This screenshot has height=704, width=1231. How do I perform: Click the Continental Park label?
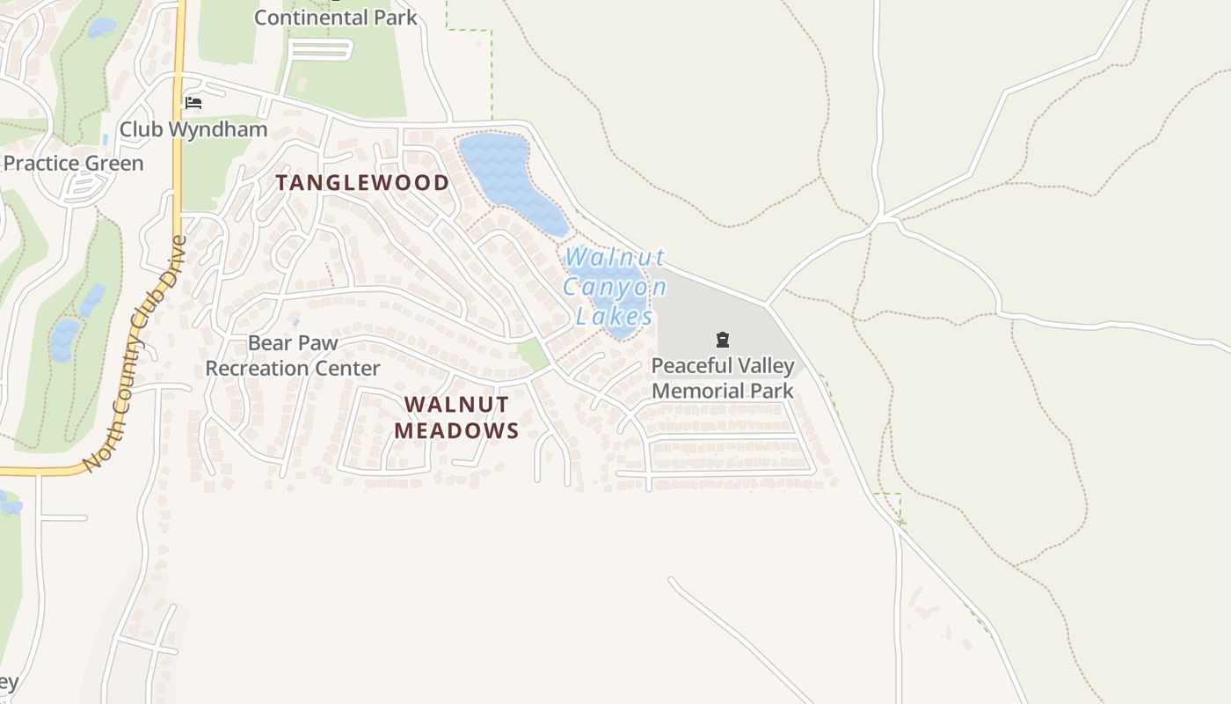tap(335, 17)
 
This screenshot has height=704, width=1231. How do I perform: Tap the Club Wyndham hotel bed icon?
tap(193, 103)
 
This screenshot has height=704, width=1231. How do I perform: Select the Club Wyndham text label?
tap(193, 129)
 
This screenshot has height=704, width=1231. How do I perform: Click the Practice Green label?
tap(73, 163)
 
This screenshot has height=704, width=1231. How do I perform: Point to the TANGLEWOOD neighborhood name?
tap(362, 183)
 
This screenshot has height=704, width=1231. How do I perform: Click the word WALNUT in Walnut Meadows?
tap(455, 404)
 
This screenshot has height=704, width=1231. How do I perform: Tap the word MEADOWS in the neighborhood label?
tap(455, 430)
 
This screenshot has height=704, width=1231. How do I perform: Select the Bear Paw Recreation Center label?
tap(293, 356)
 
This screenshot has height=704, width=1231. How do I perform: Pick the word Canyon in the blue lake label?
tap(615, 288)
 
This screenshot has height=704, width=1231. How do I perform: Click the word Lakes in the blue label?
tap(615, 316)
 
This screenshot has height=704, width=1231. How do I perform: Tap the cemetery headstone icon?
tap(723, 340)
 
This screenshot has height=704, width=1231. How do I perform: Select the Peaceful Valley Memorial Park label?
tap(723, 378)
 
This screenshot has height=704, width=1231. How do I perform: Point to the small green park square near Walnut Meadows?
tap(532, 355)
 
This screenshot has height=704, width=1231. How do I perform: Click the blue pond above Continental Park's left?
tap(100, 27)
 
